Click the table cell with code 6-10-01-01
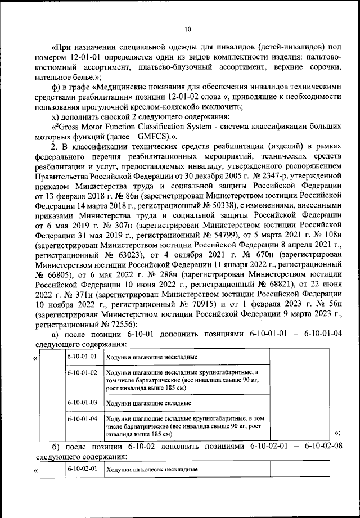(x=82, y=357)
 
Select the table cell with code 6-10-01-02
(x=82, y=373)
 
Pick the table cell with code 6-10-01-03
(x=82, y=402)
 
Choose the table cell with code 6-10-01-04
(x=82, y=418)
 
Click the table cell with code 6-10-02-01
(x=82, y=468)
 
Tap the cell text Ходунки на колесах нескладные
(x=151, y=469)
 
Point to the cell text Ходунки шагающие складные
(x=148, y=403)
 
